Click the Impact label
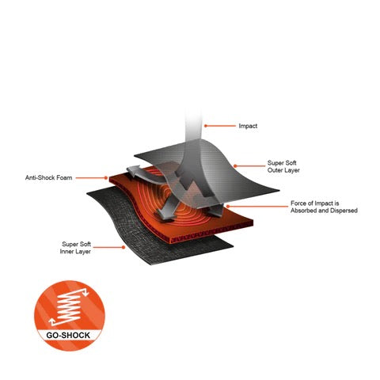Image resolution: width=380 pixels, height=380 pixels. click(248, 126)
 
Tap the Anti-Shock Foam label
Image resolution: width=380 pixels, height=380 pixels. click(48, 177)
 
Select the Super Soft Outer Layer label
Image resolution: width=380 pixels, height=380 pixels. click(283, 166)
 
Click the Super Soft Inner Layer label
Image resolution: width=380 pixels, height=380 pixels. click(75, 248)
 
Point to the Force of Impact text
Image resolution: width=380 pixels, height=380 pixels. click(314, 203)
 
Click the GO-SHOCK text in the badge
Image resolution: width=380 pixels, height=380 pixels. click(68, 336)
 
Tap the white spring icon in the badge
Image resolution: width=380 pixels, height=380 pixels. click(69, 307)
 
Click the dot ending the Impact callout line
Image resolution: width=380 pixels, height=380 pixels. click(206, 126)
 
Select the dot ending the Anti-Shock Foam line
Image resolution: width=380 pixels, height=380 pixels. click(106, 178)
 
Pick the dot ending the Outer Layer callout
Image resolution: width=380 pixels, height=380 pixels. click(235, 166)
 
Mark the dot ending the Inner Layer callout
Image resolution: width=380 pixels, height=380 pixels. click(123, 247)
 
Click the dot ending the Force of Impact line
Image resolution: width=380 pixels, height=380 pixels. click(227, 207)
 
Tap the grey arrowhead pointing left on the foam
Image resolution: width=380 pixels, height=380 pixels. click(134, 171)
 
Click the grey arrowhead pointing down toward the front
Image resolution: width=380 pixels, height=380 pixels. click(165, 214)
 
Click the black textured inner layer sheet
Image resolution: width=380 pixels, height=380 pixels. click(148, 232)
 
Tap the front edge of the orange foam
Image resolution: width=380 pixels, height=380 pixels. click(211, 234)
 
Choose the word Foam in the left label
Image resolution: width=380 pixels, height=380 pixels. click(64, 177)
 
